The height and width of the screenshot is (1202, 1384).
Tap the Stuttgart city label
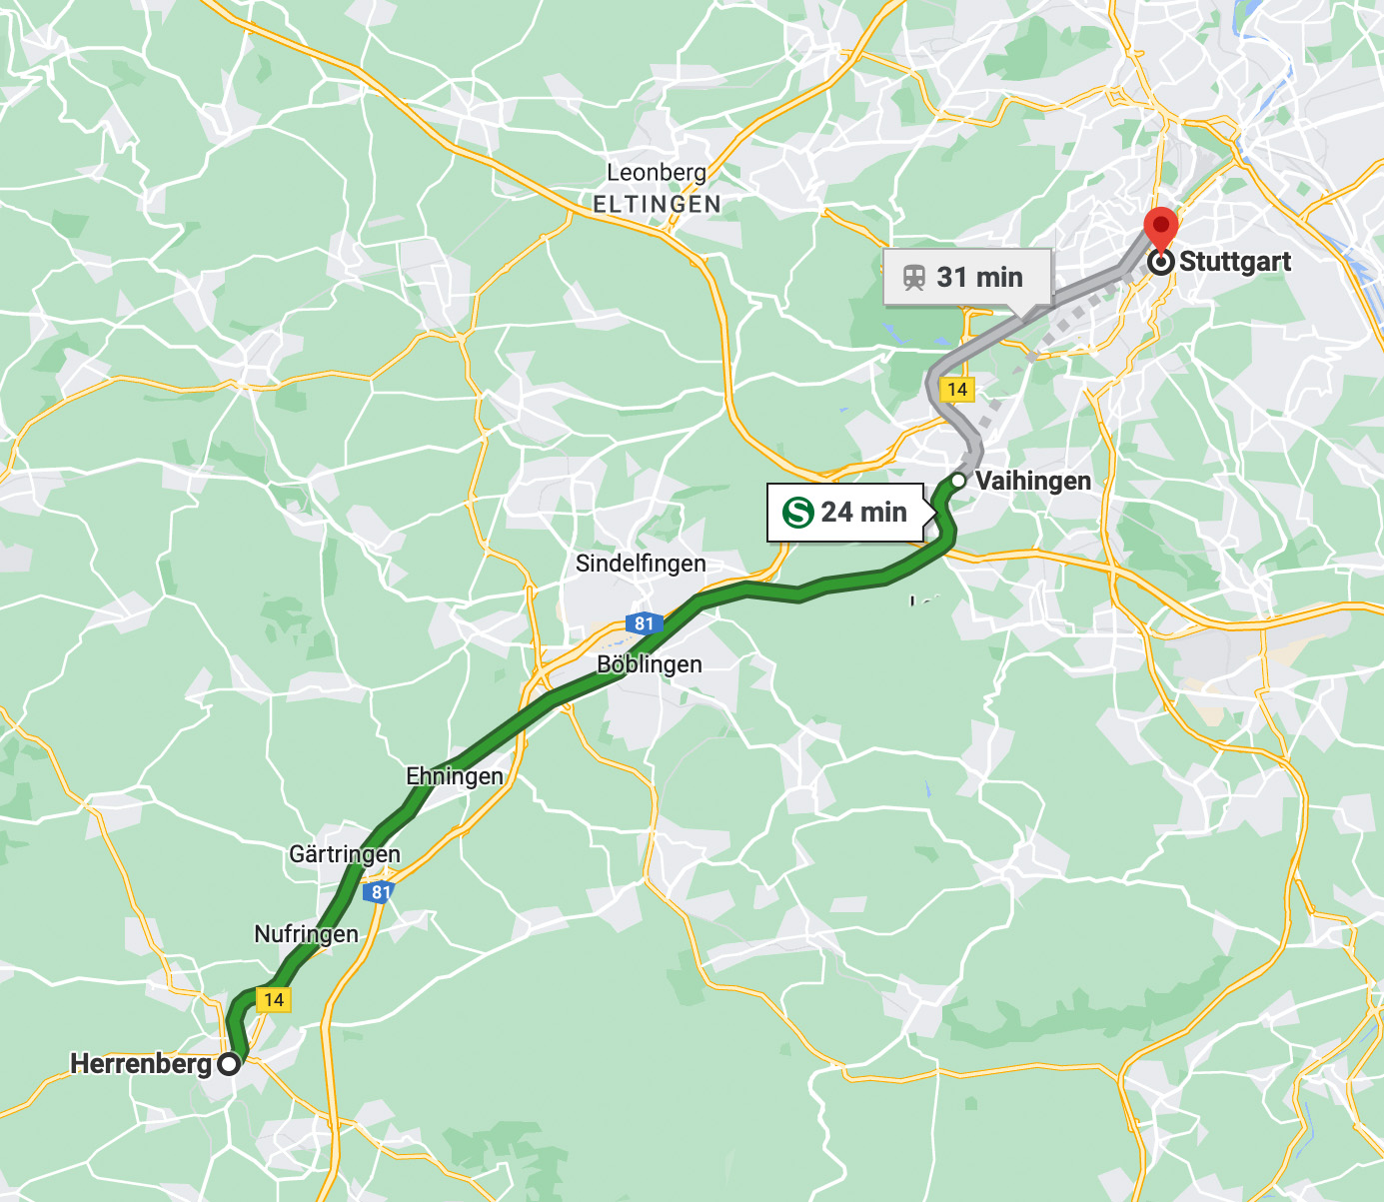(1235, 262)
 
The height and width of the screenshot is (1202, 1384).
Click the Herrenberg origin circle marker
(229, 1064)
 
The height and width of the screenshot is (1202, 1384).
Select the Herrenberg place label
(141, 1064)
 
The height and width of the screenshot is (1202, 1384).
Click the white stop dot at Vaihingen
(957, 481)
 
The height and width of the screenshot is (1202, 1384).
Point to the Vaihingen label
(1032, 481)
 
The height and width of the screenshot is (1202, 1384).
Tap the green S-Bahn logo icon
(798, 513)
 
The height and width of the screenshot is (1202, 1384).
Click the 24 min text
(863, 513)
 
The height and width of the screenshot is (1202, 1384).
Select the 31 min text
(979, 277)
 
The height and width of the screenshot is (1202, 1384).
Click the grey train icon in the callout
(913, 277)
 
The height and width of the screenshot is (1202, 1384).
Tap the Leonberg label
(656, 173)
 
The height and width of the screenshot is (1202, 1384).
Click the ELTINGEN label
(657, 204)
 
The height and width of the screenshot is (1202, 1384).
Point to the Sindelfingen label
(641, 564)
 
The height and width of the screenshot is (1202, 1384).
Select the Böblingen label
(650, 664)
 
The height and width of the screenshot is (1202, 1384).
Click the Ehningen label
(455, 776)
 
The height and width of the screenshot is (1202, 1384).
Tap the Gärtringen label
(345, 854)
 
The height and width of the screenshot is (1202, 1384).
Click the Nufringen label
(306, 934)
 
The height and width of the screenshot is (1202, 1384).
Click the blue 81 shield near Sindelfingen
(644, 623)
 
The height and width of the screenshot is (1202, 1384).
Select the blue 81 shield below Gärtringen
(380, 891)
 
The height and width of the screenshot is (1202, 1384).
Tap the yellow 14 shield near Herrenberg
(273, 999)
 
